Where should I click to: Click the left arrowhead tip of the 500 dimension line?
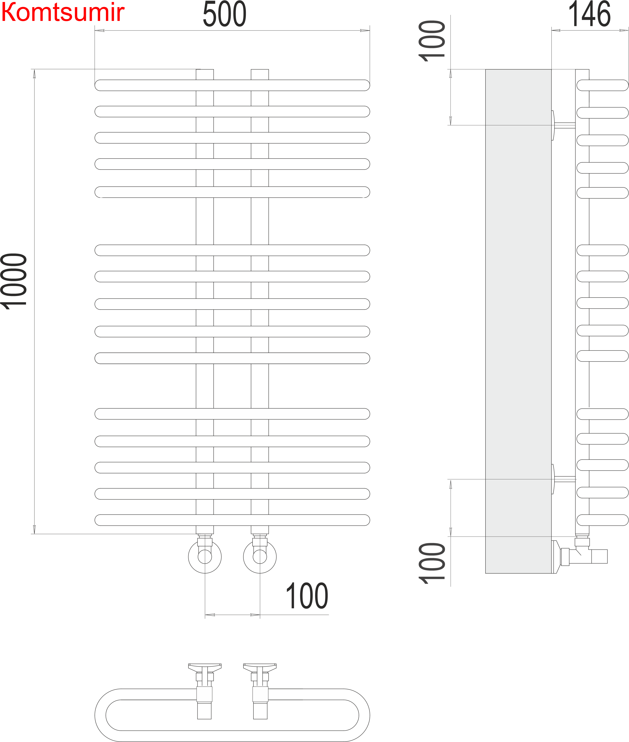click(95, 30)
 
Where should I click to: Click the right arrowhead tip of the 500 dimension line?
click(370, 30)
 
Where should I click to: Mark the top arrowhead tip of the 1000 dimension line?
click(34, 69)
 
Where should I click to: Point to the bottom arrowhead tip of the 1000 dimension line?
click(34, 534)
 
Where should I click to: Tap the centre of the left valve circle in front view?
click(205, 557)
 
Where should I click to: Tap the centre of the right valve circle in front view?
click(260, 557)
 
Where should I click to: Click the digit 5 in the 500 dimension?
click(210, 14)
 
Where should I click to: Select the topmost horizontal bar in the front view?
click(232, 85)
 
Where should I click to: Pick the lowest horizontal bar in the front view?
click(232, 520)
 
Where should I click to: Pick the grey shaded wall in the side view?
click(518, 321)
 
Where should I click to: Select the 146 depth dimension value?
click(590, 14)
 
